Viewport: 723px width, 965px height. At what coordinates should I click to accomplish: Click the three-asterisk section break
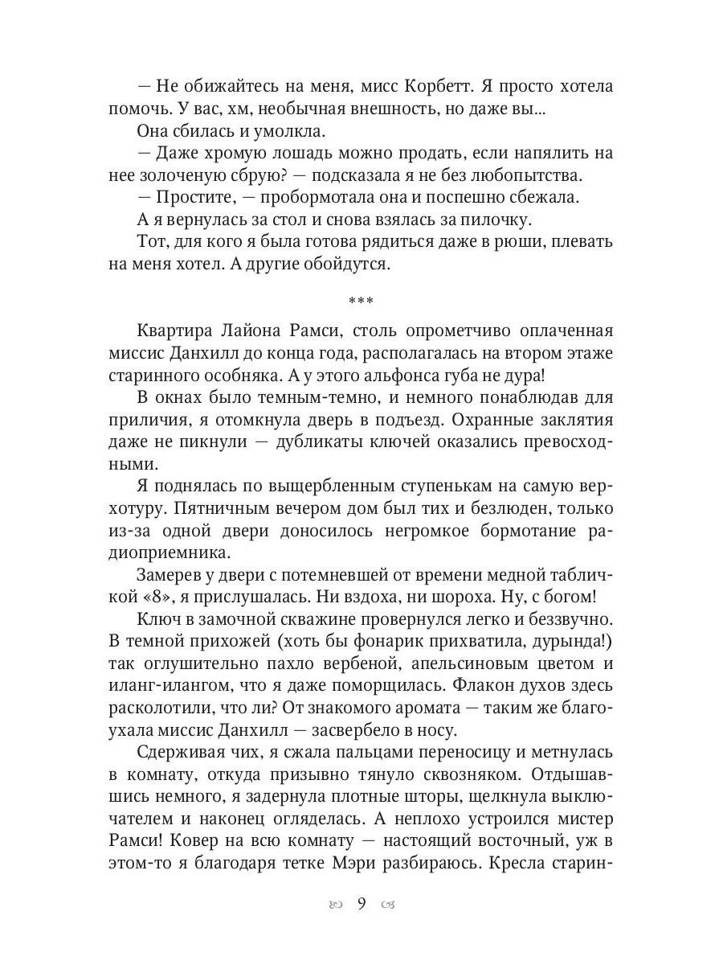coord(361,301)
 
